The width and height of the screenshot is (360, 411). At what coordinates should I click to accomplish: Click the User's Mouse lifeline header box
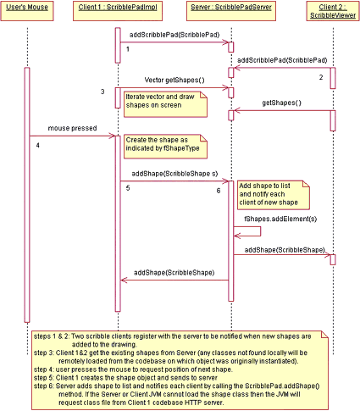pyautogui.click(x=27, y=11)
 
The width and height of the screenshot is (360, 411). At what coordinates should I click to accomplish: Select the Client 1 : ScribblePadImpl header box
pyautogui.click(x=118, y=11)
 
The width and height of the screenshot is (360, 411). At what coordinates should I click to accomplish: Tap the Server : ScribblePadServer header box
pyautogui.click(x=231, y=11)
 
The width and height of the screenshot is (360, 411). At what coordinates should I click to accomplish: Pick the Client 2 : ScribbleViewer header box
pyautogui.click(x=333, y=11)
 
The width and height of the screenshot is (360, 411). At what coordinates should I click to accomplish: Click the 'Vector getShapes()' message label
pyautogui.click(x=174, y=81)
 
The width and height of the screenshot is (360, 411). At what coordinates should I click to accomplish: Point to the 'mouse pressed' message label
pyautogui.click(x=72, y=128)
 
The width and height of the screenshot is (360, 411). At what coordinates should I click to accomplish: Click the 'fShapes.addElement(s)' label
pyautogui.click(x=280, y=219)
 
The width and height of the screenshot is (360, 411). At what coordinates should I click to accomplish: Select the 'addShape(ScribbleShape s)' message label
pyautogui.click(x=174, y=174)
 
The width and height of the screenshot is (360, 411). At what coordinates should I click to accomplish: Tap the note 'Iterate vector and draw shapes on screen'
pyautogui.click(x=165, y=104)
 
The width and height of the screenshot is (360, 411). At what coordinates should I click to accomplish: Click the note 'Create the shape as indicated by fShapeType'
pyautogui.click(x=165, y=147)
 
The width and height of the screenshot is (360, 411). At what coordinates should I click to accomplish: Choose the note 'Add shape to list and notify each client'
pyautogui.click(x=274, y=195)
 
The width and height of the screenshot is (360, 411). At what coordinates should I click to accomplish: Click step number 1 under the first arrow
pyautogui.click(x=128, y=49)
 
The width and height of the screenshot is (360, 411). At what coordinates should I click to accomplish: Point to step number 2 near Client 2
pyautogui.click(x=321, y=77)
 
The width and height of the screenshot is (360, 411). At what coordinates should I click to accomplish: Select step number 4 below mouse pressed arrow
pyautogui.click(x=37, y=146)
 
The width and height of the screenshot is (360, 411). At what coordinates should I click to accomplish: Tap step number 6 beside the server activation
pyautogui.click(x=219, y=191)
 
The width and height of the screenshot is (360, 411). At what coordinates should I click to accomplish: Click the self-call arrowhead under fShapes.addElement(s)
pyautogui.click(x=237, y=236)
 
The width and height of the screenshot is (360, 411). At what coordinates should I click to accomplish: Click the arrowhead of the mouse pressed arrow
pyautogui.click(x=112, y=136)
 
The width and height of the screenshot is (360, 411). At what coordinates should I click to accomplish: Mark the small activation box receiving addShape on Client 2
pyautogui.click(x=333, y=259)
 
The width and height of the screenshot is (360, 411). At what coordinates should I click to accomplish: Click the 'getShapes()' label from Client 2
pyautogui.click(x=281, y=103)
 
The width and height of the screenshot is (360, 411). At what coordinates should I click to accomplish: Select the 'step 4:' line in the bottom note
pyautogui.click(x=133, y=369)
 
